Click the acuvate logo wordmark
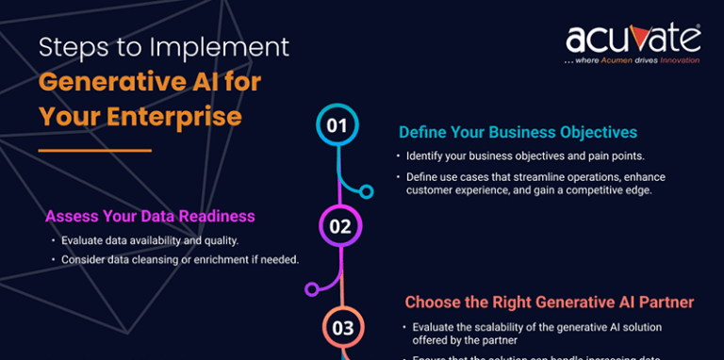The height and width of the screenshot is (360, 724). [633, 39]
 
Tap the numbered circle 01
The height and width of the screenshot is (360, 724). [337, 125]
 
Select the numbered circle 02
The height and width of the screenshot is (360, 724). [340, 226]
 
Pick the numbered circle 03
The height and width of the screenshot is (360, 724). [342, 327]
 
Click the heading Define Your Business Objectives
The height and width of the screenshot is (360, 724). [518, 132]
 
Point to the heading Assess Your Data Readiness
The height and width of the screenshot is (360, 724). [150, 217]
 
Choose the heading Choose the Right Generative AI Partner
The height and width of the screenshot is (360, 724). [550, 303]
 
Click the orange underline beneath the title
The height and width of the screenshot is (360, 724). [95, 150]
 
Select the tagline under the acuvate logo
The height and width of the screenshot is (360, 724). [632, 60]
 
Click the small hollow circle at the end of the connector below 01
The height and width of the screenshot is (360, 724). [367, 191]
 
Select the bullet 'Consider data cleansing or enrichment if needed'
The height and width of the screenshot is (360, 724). [179, 259]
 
